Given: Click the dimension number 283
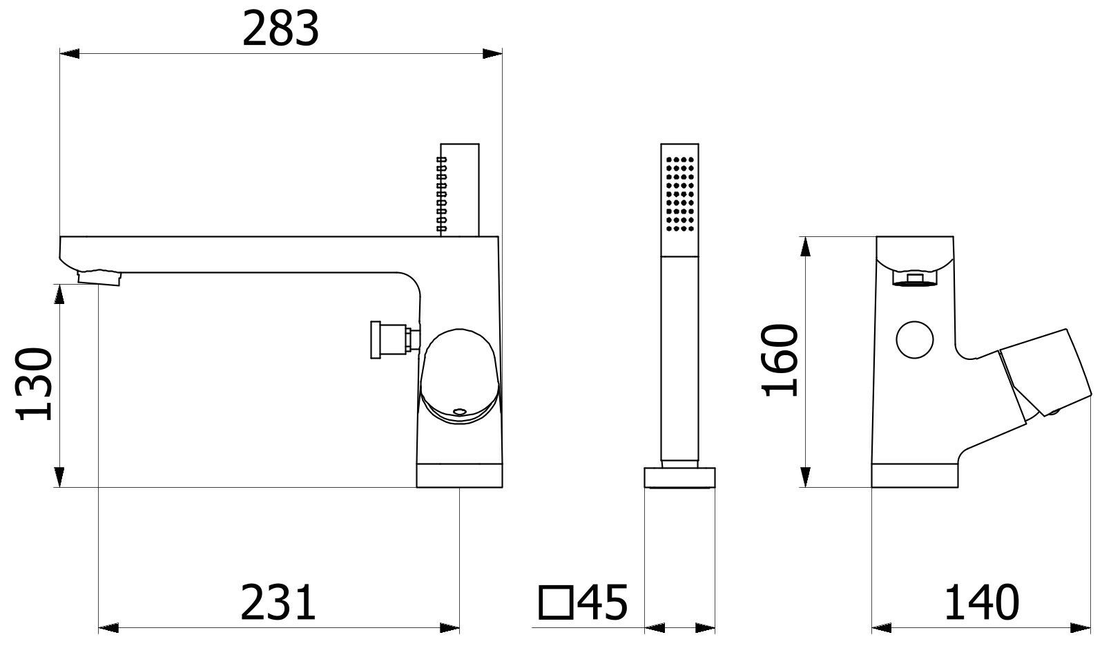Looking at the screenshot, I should [280, 29].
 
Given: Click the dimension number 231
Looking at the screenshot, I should [278, 602].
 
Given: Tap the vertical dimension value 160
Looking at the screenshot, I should [781, 359].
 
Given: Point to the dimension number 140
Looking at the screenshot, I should [981, 602].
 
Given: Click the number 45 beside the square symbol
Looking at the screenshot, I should [603, 602].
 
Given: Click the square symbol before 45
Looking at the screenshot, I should [557, 602].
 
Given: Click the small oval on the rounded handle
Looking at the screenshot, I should [460, 412].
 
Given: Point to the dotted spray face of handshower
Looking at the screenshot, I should [680, 193].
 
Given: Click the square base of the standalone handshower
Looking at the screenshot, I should [680, 477].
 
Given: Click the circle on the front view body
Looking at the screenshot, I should [915, 339].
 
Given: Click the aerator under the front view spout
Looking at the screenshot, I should [915, 279].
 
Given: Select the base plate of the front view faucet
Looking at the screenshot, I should [916, 475].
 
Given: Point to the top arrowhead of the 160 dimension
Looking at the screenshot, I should [805, 247].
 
